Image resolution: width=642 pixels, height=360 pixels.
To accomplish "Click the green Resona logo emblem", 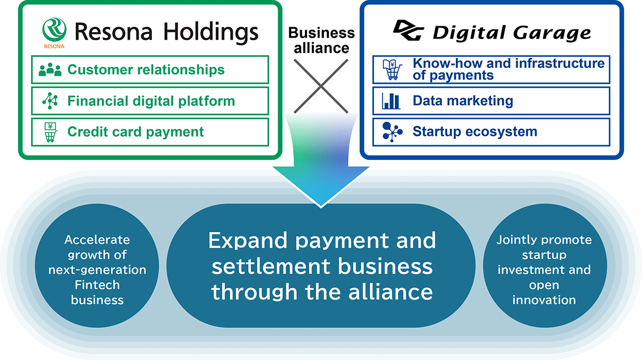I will (54, 28).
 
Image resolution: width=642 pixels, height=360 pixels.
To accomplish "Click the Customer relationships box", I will (150, 70).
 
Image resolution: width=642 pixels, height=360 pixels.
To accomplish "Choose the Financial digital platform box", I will (150, 101).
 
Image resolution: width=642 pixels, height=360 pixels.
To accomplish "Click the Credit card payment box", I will (150, 132).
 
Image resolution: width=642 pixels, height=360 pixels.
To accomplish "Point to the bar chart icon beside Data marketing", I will (392, 101).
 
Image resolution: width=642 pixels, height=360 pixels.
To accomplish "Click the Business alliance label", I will (321, 40).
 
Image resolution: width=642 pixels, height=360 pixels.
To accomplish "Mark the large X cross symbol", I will (321, 86).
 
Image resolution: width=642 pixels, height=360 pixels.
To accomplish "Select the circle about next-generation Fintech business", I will (97, 270).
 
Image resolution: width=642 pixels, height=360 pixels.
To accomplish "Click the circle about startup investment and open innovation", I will (544, 270).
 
